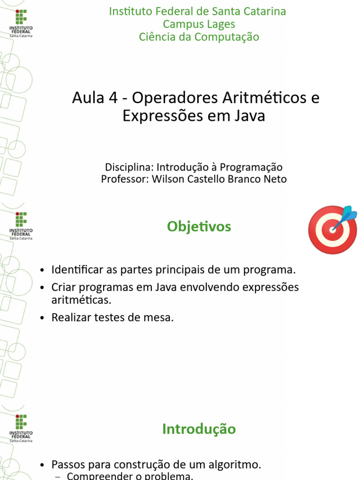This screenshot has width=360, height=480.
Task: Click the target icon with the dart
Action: tap(332, 229)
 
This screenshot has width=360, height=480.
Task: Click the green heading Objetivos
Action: tap(199, 227)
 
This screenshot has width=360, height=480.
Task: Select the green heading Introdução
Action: tap(199, 429)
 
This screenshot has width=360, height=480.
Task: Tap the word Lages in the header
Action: tap(220, 24)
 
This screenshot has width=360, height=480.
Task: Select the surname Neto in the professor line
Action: tap(275, 179)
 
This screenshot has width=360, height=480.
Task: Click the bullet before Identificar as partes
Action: tap(43, 270)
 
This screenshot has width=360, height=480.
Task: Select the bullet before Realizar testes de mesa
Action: tap(43, 318)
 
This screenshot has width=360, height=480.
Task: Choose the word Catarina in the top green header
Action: tap(265, 11)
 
